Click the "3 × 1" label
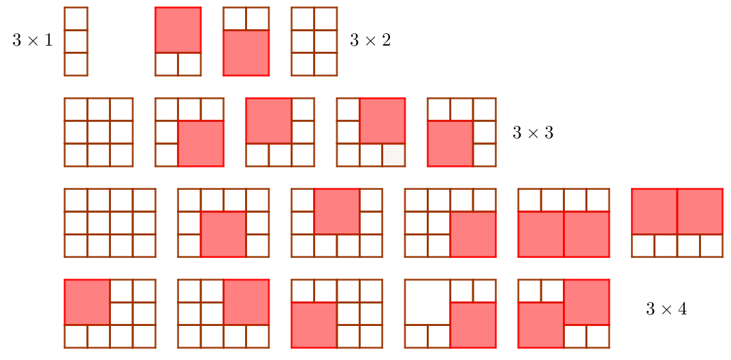32,41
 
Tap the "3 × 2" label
370,41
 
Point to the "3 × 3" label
533,133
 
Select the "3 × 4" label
666,309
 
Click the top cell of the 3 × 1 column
76,18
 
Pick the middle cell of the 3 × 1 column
76,41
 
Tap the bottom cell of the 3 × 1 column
76,64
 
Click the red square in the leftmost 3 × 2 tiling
178,30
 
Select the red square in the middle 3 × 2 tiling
246,52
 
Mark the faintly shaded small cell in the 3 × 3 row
393,155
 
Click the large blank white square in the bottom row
427,302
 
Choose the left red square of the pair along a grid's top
654,212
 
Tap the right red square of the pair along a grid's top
700,212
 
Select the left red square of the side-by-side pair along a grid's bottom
541,234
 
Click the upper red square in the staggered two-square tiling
586,302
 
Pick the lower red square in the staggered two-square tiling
541,325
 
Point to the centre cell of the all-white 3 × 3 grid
99,132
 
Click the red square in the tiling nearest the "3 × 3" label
450,144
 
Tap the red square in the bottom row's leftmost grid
87,302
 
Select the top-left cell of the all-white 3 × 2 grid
302,18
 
